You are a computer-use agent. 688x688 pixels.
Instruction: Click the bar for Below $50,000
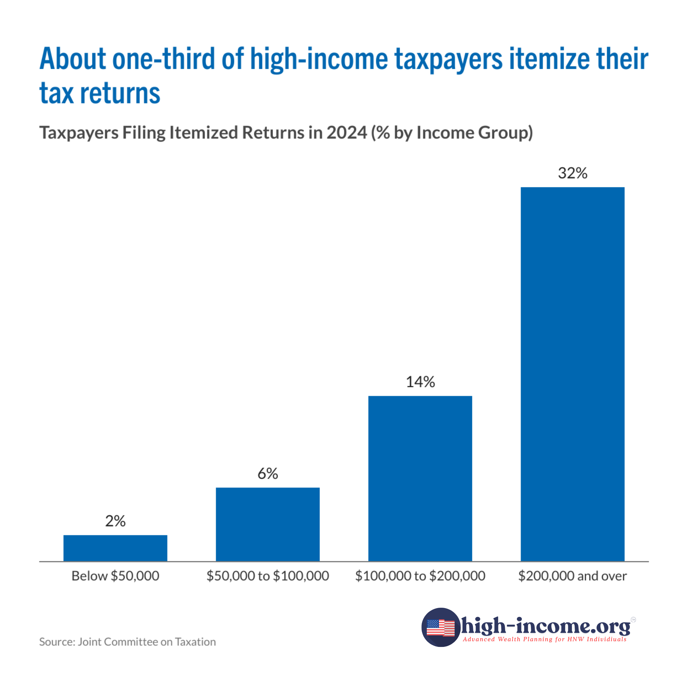(115, 548)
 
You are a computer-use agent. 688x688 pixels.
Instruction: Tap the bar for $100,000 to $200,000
(420, 479)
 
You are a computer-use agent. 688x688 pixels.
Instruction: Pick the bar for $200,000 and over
(572, 374)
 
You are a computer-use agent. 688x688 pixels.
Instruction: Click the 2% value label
(115, 521)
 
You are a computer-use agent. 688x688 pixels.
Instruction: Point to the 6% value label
(268, 474)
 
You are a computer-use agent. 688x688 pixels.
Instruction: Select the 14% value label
(420, 382)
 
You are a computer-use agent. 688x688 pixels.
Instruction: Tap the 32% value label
(572, 173)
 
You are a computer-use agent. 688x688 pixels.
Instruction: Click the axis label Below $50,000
(115, 576)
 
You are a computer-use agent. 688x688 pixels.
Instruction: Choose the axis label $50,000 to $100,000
(268, 576)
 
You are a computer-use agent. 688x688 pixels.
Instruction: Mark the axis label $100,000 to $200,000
(420, 576)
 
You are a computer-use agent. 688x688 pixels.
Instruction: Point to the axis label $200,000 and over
(572, 576)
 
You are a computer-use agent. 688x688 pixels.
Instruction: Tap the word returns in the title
(120, 93)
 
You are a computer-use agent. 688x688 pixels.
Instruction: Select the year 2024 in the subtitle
(347, 133)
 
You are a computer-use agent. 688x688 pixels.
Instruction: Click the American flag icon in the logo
(441, 627)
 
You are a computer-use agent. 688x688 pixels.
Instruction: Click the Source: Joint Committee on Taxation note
(127, 642)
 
